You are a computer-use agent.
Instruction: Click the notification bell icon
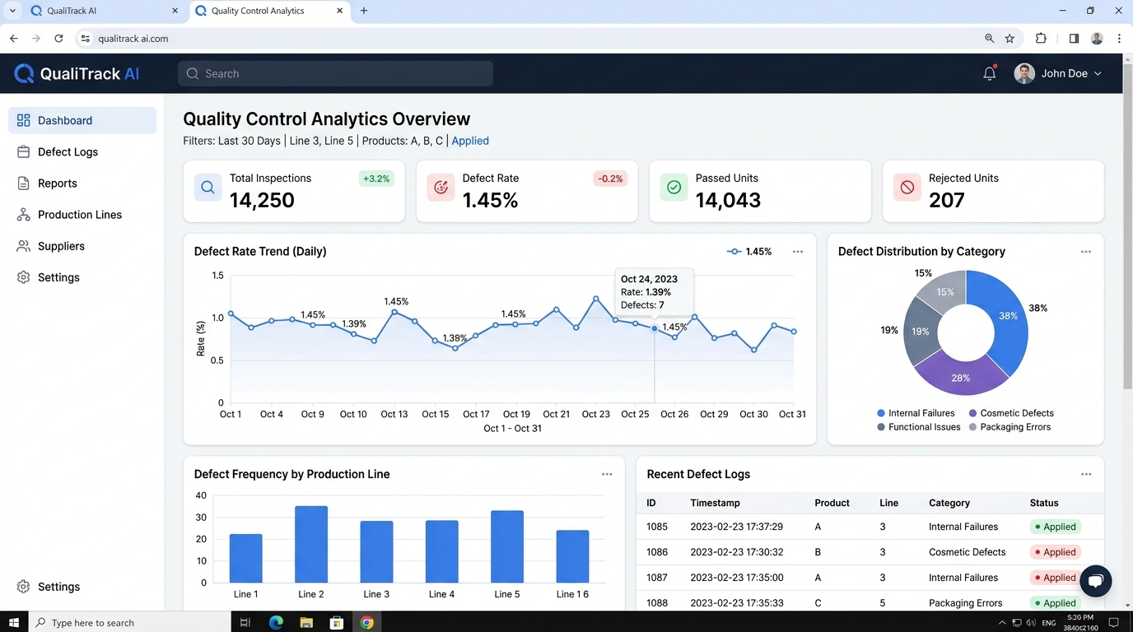point(990,73)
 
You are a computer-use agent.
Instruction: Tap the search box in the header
point(335,73)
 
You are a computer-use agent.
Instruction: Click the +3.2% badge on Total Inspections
point(376,179)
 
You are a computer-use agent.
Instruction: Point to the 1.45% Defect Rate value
point(490,200)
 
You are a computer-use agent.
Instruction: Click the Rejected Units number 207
point(946,200)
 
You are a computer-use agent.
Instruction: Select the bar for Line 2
point(311,544)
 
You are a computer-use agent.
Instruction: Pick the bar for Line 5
point(507,546)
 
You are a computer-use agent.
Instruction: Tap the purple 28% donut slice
point(960,375)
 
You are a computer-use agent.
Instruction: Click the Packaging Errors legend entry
point(1009,427)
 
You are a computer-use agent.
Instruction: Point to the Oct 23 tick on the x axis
point(596,414)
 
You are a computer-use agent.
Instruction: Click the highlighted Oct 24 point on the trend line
point(654,328)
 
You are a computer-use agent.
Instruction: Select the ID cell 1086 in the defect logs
point(656,551)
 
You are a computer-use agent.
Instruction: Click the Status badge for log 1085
point(1055,527)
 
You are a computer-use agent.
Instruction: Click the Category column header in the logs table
point(949,503)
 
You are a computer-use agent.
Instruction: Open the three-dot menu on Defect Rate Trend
point(798,251)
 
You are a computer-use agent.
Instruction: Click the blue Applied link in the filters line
point(470,141)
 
